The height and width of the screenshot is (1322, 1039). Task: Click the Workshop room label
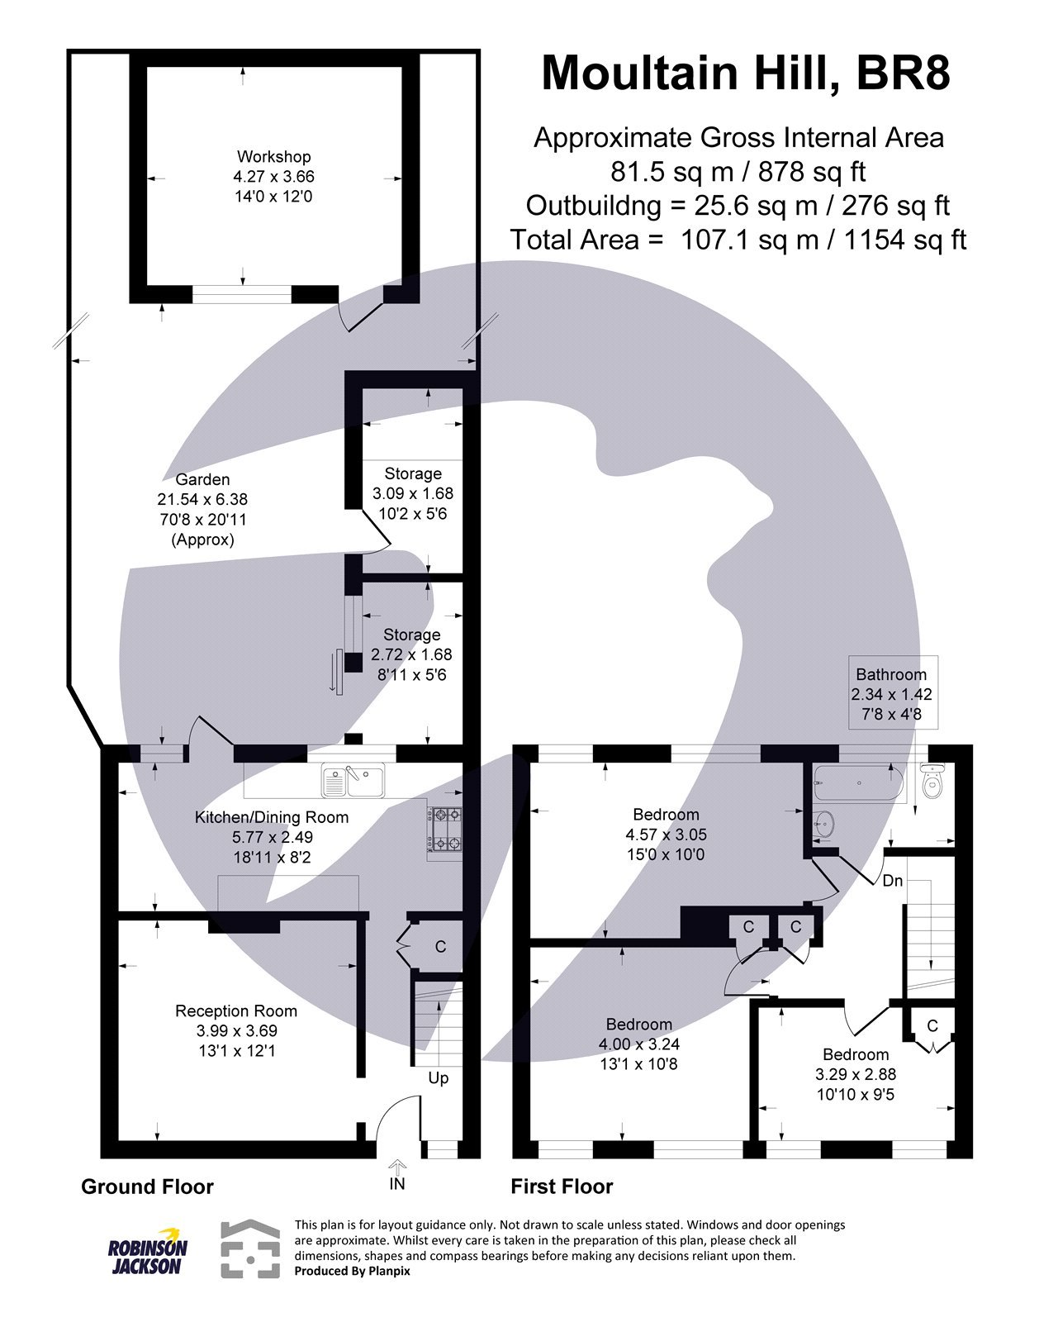tap(273, 157)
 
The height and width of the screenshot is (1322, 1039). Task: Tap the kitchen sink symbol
tap(353, 780)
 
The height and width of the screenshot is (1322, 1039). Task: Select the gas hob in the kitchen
tap(445, 829)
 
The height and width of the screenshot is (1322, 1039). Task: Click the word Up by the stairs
tap(439, 1078)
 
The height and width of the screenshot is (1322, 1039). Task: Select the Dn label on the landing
tap(892, 881)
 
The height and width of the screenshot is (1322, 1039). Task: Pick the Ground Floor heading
tap(147, 1187)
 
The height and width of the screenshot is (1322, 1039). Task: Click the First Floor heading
tap(562, 1187)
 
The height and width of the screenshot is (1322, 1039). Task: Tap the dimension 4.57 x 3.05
tap(666, 835)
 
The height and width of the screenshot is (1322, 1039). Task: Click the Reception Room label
tap(236, 1011)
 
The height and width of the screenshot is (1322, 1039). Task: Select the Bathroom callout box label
tap(891, 675)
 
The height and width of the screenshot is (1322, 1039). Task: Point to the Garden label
tap(202, 480)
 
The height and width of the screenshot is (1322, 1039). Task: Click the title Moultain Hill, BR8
tap(745, 73)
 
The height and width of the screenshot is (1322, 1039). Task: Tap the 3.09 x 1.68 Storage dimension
tap(412, 494)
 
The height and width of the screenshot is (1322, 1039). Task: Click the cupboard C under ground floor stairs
tap(440, 947)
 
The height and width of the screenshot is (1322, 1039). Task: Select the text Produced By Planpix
tap(352, 1271)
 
